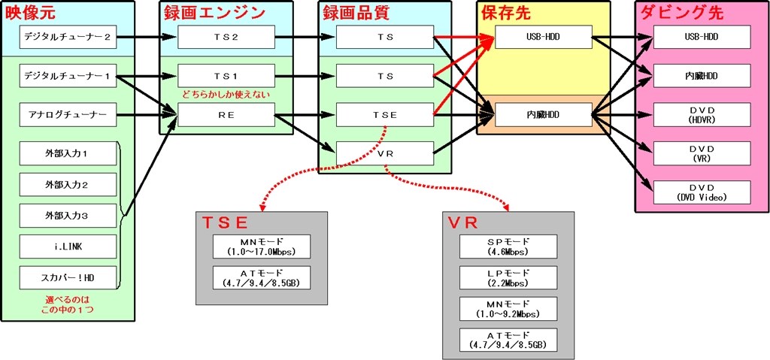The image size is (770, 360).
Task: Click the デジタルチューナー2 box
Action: click(x=68, y=35)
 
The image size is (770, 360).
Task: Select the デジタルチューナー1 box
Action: click(x=68, y=76)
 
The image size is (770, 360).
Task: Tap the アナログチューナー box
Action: click(x=68, y=116)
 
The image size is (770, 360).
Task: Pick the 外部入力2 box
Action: click(x=68, y=184)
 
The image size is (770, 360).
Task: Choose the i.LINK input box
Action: click(x=68, y=247)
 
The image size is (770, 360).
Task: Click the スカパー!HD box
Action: click(x=68, y=278)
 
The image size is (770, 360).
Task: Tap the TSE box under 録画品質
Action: click(x=385, y=116)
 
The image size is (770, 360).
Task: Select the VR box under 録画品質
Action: click(x=385, y=153)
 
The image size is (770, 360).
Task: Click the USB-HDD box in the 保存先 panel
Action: click(x=542, y=35)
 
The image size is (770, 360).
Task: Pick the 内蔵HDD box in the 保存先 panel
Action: click(x=542, y=116)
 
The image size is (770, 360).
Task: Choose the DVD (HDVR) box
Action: click(x=702, y=116)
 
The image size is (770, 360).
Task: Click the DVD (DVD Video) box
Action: click(x=702, y=192)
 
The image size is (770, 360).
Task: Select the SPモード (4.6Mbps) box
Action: click(x=508, y=246)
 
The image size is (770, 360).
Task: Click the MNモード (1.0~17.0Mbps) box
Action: click(x=259, y=246)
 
